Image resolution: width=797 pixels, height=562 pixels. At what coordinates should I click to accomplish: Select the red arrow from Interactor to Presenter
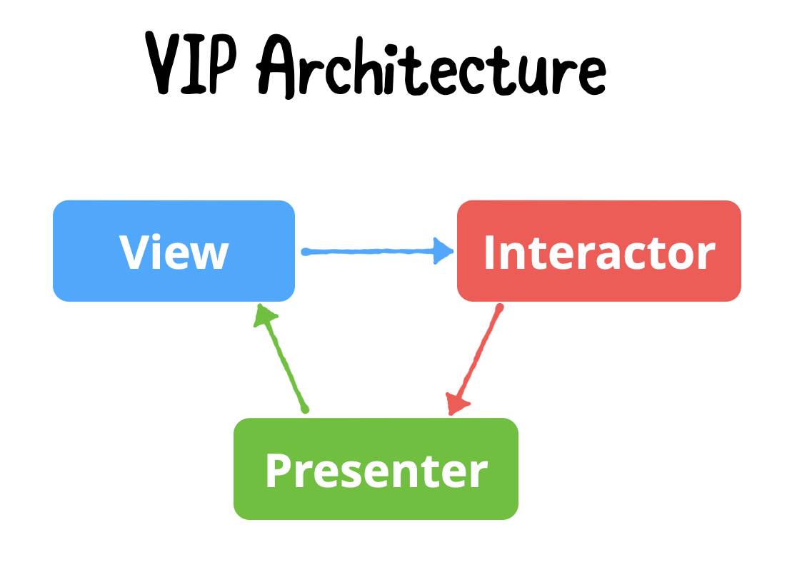(477, 357)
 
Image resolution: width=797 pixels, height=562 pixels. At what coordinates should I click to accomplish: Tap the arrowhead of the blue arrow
(445, 251)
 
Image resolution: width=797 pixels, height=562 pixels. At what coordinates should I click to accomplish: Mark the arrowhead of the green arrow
(265, 315)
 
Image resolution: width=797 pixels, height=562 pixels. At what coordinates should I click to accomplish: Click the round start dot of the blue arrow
(306, 252)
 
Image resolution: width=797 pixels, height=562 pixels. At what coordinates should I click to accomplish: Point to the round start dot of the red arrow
(500, 308)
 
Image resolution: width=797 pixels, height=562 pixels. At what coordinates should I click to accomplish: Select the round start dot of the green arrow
(305, 409)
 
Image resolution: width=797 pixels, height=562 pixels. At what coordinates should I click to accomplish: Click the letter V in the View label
(135, 252)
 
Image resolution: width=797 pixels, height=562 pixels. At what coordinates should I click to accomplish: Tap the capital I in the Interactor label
(491, 252)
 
